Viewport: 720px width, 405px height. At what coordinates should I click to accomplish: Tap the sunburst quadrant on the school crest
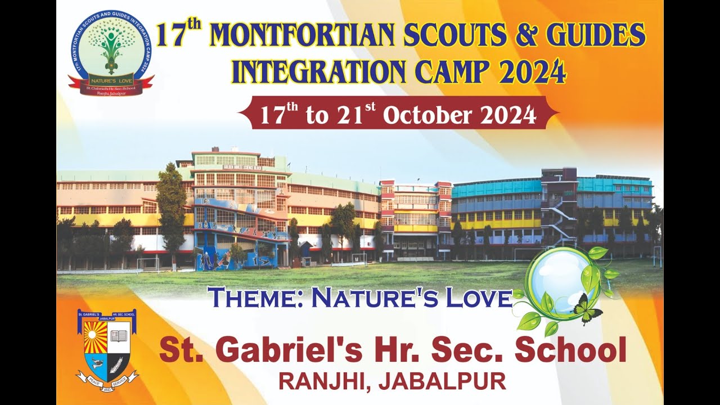[95, 336]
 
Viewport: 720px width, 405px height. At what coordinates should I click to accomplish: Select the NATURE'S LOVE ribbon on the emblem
[111, 80]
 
